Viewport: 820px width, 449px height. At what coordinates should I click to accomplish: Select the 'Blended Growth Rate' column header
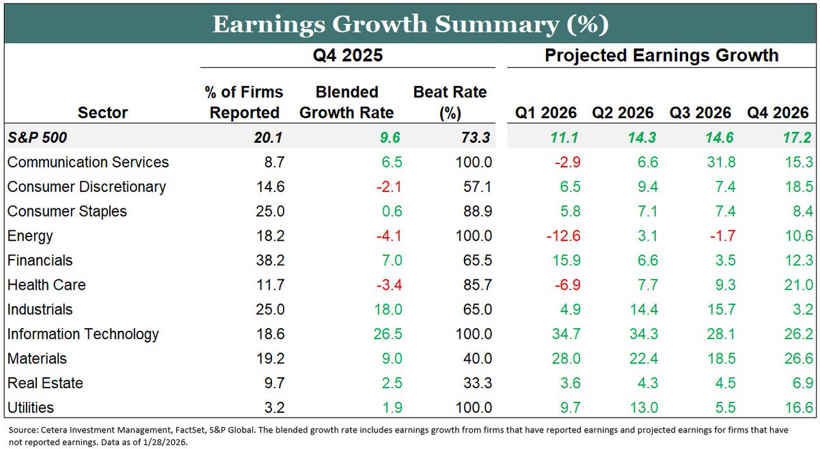(347, 103)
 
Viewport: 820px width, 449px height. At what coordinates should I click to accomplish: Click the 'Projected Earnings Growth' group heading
(661, 56)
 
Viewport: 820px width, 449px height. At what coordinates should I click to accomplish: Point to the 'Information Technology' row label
(83, 334)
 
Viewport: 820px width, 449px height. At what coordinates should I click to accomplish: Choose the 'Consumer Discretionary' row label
(86, 187)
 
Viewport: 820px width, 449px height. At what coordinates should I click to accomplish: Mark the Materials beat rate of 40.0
(476, 359)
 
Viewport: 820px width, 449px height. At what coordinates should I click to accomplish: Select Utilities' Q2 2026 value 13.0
(642, 408)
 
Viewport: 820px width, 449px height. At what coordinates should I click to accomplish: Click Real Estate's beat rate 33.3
(476, 383)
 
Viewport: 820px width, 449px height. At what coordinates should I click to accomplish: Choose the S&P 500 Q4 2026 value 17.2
(797, 137)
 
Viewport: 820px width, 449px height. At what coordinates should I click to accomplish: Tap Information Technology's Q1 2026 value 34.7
(563, 334)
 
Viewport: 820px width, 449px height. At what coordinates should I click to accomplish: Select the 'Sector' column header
(102, 113)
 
